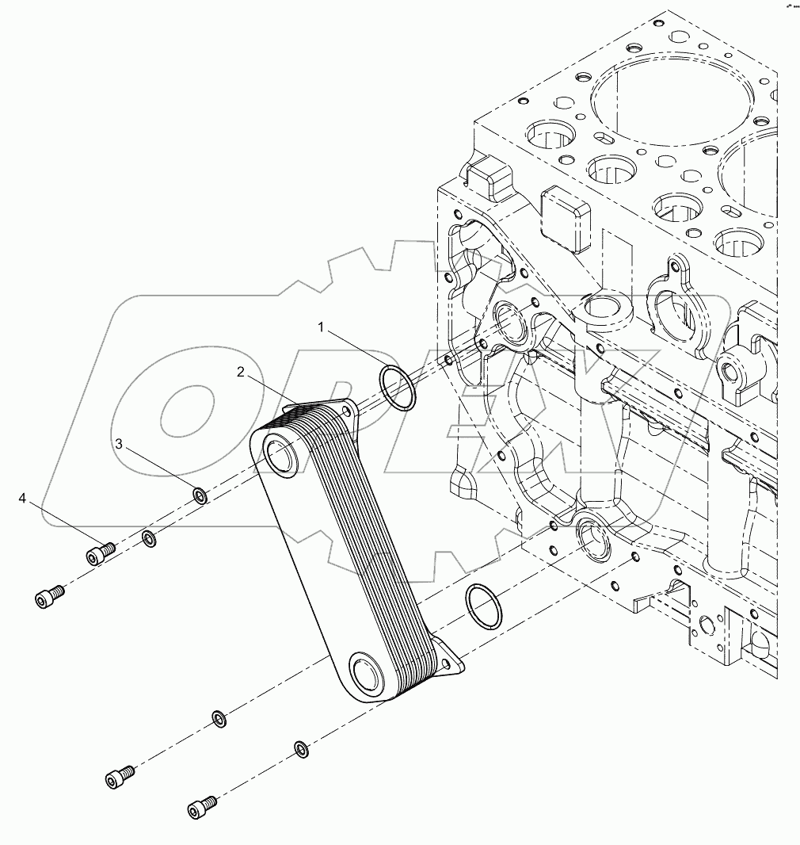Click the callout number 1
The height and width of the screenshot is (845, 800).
[x=321, y=326]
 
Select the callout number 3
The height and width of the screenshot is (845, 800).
[x=120, y=445]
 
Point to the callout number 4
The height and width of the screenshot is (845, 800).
[x=23, y=498]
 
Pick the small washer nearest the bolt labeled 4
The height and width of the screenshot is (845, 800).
[x=149, y=540]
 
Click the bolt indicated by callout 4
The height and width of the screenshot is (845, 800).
[x=100, y=552]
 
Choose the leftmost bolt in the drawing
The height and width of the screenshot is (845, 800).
[x=51, y=598]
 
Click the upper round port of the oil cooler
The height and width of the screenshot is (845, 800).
[x=279, y=455]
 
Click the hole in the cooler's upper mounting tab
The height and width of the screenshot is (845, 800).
[x=345, y=409]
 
